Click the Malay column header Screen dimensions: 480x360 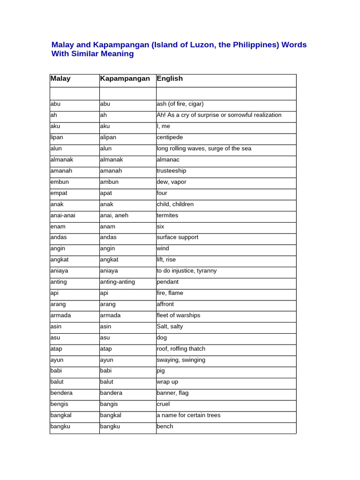(x=60, y=79)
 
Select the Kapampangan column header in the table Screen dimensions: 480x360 (x=125, y=79)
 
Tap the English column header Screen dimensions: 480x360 (x=170, y=79)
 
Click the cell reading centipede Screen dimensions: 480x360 (x=170, y=137)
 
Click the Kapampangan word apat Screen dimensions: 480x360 (x=107, y=193)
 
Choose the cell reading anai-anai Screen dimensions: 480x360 (x=63, y=215)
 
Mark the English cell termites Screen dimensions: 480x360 (x=167, y=215)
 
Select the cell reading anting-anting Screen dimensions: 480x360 (x=118, y=282)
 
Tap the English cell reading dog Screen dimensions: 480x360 (x=162, y=337)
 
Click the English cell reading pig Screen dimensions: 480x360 (x=161, y=371)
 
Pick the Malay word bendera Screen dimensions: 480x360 (x=61, y=393)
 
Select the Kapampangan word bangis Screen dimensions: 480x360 (x=109, y=404)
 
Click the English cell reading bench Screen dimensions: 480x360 (x=165, y=426)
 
